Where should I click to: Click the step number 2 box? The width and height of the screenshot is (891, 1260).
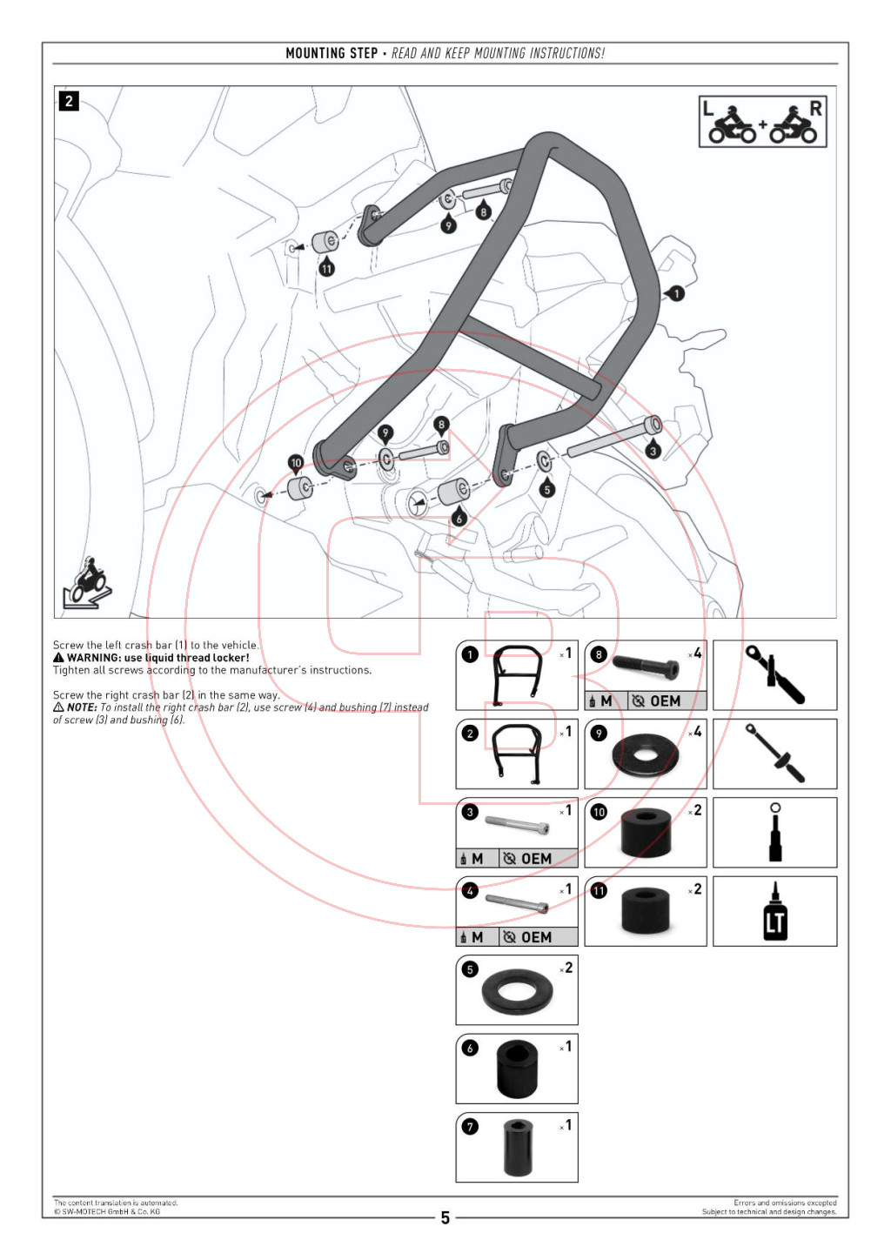[69, 101]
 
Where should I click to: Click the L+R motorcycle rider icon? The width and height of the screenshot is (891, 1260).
[762, 123]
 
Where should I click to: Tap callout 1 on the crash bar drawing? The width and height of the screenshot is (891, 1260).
[676, 293]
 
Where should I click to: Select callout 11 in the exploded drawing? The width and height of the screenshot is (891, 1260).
[326, 268]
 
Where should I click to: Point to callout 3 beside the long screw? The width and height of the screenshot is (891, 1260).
[653, 450]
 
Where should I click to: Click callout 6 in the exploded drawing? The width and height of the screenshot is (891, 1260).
[459, 518]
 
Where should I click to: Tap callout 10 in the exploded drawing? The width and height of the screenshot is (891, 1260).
[296, 463]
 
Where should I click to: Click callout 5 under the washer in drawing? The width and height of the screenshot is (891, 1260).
[546, 489]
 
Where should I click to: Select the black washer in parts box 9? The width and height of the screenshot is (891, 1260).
[645, 755]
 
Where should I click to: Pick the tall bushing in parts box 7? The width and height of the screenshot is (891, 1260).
[518, 1148]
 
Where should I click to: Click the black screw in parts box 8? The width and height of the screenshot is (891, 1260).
[646, 667]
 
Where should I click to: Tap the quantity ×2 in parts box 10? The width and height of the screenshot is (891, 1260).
[695, 811]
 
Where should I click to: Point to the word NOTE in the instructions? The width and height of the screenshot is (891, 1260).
[82, 707]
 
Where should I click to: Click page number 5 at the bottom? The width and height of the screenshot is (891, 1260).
[445, 1217]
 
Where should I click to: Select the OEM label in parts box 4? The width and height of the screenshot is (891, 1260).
[536, 937]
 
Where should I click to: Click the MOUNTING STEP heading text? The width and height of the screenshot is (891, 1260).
[332, 53]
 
